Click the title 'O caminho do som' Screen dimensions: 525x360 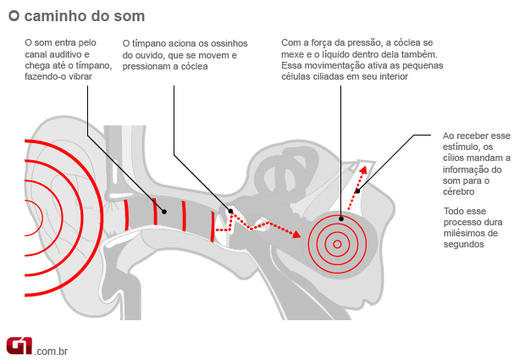point(76,16)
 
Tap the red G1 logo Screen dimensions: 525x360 point(19,345)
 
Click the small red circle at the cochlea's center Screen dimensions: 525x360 point(337,245)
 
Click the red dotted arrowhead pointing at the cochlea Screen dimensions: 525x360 point(296,234)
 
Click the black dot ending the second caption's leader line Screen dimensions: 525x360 point(231,212)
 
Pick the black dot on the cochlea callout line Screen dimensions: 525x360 point(340,219)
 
